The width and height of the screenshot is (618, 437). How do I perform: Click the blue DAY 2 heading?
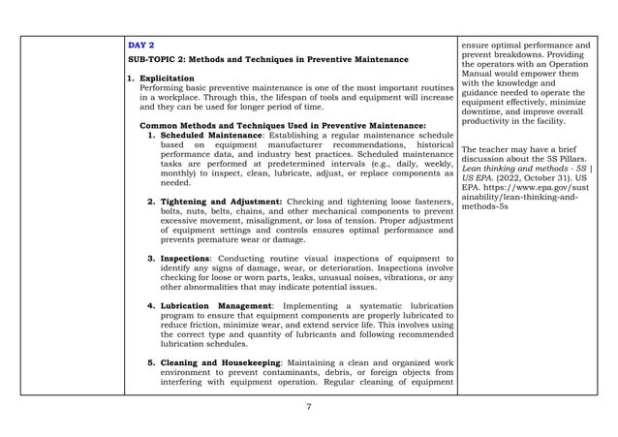[140, 46]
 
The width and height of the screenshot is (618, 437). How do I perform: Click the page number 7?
[308, 406]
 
